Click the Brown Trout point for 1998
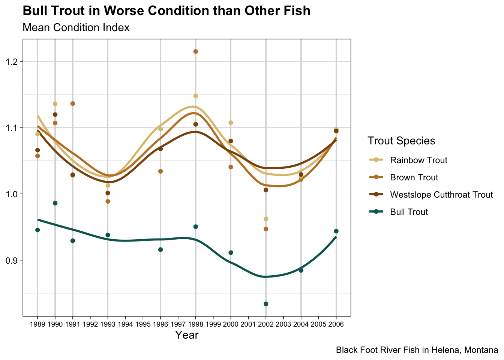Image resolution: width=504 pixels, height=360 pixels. pos(196,51)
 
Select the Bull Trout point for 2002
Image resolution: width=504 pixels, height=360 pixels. pos(266,304)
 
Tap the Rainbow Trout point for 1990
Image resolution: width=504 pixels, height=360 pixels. pos(55,104)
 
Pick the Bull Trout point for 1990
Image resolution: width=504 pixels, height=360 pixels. pos(55,203)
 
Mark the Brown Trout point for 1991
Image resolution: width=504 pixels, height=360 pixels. pos(73,103)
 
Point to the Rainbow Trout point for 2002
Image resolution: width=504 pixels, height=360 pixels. pos(266,219)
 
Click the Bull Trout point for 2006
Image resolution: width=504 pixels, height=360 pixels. pos(336,231)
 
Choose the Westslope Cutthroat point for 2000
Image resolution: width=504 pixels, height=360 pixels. pos(231,141)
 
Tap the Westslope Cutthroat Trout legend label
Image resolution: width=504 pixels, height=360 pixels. pos(441,195)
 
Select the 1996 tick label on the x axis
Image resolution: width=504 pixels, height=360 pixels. pos(160,324)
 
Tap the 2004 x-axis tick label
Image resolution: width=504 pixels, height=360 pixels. pos(301,324)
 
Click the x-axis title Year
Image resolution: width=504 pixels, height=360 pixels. pos(187,335)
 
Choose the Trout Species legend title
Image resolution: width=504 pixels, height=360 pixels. pos(401,141)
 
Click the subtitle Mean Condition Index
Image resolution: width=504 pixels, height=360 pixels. pos(76,27)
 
